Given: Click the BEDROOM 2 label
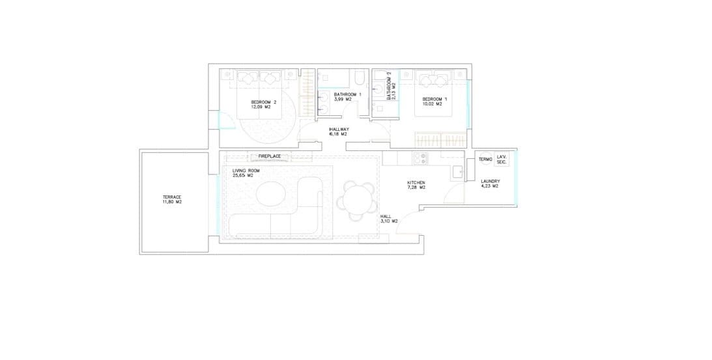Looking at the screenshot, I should point(264,102).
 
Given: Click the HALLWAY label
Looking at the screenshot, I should point(339,129).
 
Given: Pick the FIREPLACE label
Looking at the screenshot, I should point(269,157).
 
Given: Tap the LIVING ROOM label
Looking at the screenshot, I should point(246,171).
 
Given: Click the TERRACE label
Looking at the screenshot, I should point(171,197).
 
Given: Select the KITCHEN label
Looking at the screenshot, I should point(416,182).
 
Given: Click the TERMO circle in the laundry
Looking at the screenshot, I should point(485,159).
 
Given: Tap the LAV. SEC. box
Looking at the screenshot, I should point(502,159).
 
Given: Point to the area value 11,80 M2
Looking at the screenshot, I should point(171,202).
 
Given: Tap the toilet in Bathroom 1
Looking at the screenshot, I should point(360,79).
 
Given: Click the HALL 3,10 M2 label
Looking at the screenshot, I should point(388,219).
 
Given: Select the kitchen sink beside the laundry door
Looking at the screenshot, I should point(458,171).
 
